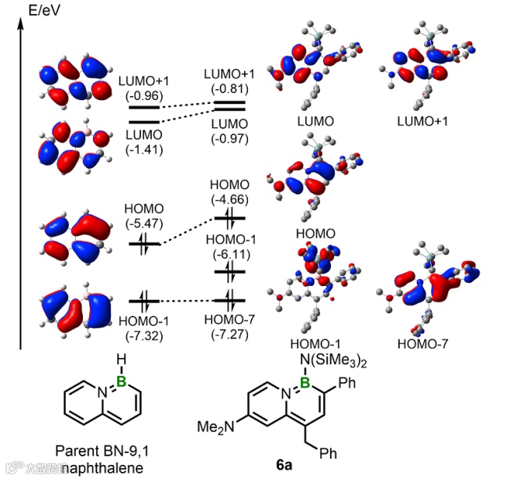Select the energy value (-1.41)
[x=143, y=150]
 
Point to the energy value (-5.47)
[x=143, y=223]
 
